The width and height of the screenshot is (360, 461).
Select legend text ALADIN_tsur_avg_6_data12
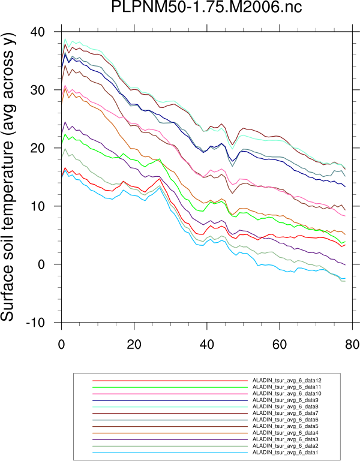tap(289, 381)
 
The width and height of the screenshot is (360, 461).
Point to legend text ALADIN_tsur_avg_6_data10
tap(289, 393)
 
